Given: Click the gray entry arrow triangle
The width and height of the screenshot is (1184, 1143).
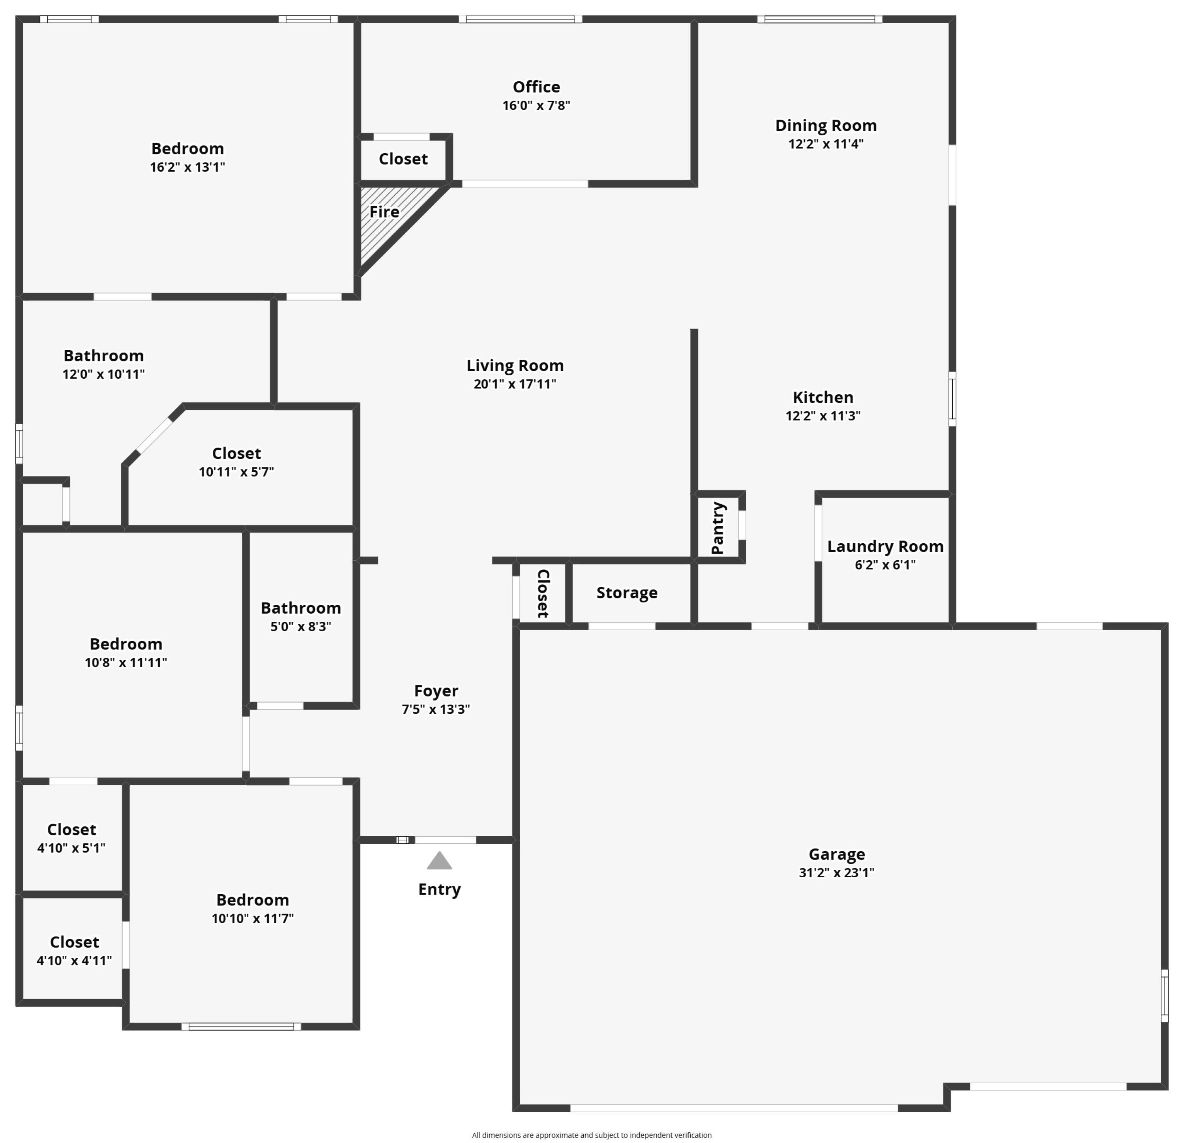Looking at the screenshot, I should pyautogui.click(x=439, y=861).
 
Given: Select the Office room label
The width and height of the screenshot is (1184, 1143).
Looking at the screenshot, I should pyautogui.click(x=536, y=87).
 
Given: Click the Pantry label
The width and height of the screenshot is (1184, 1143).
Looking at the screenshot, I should pyautogui.click(x=718, y=528).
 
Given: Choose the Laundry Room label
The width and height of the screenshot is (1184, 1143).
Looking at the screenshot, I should pyautogui.click(x=885, y=546).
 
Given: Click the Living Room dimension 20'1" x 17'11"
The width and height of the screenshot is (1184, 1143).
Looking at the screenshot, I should pyautogui.click(x=515, y=384).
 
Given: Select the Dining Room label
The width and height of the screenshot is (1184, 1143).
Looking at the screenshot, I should pyautogui.click(x=826, y=126).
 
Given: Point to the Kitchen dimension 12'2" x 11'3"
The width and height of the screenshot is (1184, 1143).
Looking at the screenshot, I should pyautogui.click(x=823, y=416).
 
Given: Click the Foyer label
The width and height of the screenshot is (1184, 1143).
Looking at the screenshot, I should pyautogui.click(x=436, y=691).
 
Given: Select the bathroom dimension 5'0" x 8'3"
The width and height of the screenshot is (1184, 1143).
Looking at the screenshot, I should pyautogui.click(x=300, y=626).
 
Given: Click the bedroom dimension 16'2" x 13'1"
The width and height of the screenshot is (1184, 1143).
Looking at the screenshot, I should pyautogui.click(x=187, y=167).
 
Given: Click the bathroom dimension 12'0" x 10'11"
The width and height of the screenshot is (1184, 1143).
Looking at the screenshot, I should pyautogui.click(x=103, y=374).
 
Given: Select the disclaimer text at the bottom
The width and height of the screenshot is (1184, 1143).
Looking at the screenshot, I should pyautogui.click(x=591, y=1135).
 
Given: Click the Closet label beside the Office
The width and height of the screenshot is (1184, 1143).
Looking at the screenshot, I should pyautogui.click(x=403, y=159).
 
